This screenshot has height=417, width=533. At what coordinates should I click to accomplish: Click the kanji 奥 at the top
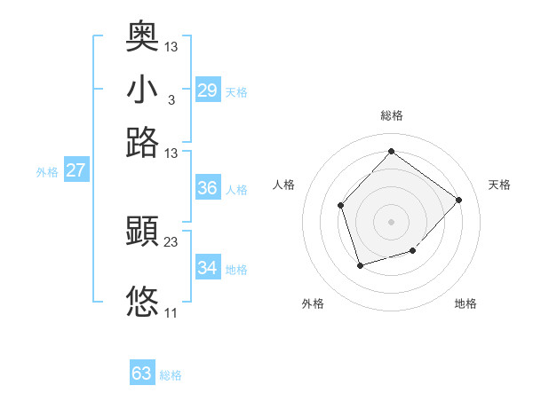(142, 37)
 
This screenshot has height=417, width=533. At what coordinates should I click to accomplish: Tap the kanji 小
(142, 90)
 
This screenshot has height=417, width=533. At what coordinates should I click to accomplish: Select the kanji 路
(142, 142)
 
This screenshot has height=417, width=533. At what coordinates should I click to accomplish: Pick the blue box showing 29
(207, 90)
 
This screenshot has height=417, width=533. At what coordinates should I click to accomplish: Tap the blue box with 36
(207, 188)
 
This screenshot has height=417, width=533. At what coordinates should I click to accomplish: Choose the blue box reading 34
(207, 268)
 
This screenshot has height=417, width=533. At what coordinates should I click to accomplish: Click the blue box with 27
(76, 170)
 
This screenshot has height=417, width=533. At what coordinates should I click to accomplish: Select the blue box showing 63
(142, 374)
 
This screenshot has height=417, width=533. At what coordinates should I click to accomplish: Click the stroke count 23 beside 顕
(171, 242)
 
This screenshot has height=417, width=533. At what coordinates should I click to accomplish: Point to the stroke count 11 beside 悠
(171, 312)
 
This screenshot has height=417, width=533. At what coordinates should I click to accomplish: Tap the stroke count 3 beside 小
(171, 99)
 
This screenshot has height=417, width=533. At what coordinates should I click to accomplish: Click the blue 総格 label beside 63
(171, 375)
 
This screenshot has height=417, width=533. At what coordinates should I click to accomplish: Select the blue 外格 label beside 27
(47, 172)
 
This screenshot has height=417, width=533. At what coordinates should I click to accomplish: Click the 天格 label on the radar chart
(499, 185)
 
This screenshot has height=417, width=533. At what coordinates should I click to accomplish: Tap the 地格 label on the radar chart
(465, 303)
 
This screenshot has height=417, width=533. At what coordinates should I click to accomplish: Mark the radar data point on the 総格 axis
(391, 151)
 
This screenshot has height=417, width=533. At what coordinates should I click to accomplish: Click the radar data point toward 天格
(458, 200)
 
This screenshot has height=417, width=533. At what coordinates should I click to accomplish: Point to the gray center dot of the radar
(391, 221)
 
